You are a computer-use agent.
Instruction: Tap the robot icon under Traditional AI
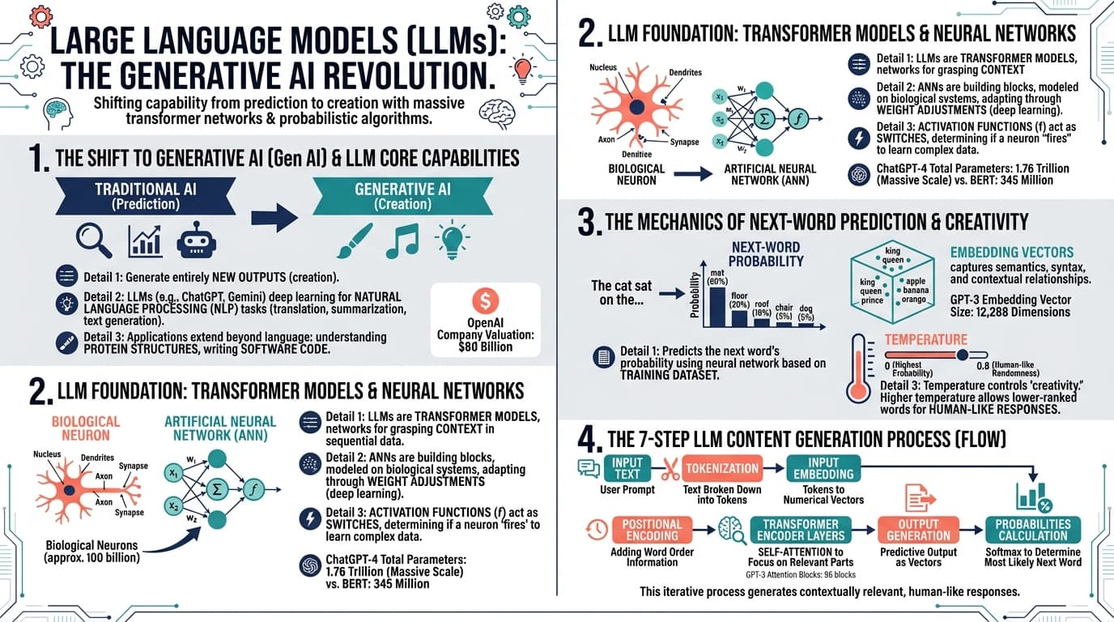[197, 238]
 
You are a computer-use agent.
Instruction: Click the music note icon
[402, 240]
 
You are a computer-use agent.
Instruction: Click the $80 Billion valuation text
[485, 347]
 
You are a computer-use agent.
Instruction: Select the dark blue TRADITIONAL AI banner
[146, 195]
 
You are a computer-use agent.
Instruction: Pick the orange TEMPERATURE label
[925, 340]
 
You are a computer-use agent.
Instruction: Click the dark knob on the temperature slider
[962, 355]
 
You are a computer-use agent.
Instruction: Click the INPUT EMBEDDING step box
[823, 468]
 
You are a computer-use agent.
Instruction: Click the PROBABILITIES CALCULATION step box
[1032, 530]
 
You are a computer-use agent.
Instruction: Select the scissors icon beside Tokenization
[670, 469]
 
